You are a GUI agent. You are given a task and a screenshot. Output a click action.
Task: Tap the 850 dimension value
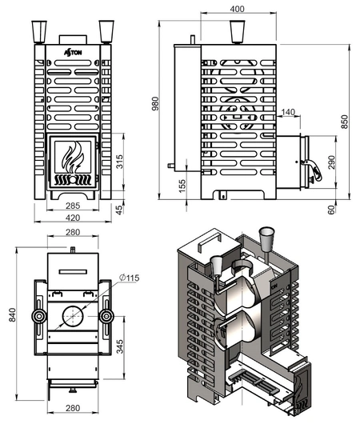[x=345, y=122]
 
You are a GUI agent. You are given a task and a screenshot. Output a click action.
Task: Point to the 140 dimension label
[x=288, y=111]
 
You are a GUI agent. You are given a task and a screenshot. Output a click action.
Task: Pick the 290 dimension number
[x=332, y=162]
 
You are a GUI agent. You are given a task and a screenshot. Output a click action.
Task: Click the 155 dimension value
[x=182, y=186]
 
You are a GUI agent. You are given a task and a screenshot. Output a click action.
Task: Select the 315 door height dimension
[x=119, y=162]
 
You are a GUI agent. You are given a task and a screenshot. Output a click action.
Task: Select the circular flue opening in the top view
[x=73, y=317]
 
